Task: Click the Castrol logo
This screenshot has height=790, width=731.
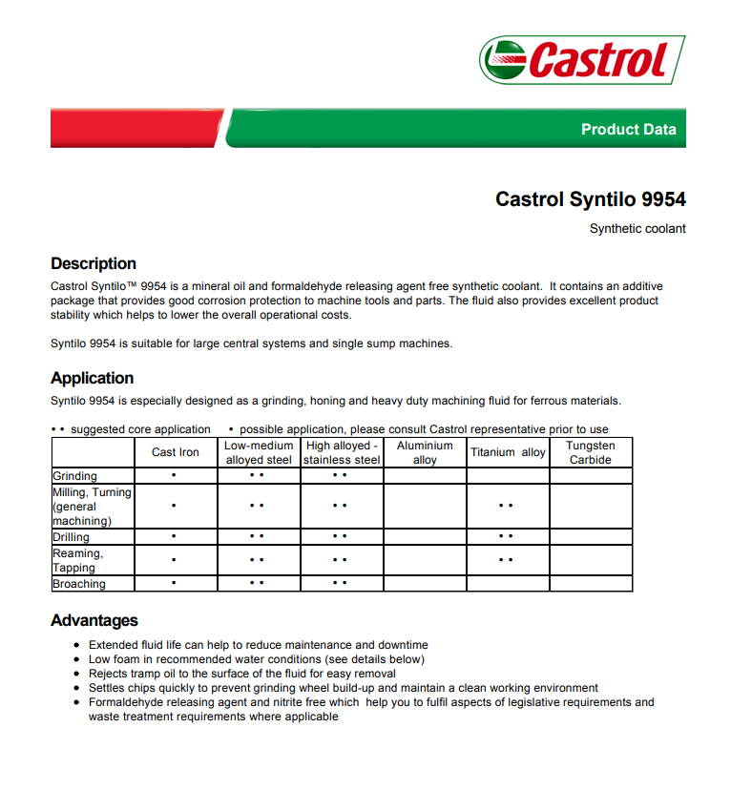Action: tap(581, 60)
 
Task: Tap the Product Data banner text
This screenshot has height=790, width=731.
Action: tap(628, 130)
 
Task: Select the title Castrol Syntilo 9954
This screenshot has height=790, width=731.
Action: tap(590, 199)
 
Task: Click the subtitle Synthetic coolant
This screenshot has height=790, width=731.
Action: tap(637, 229)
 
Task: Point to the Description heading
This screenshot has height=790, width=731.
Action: tap(94, 263)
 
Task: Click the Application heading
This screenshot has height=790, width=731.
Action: tap(93, 378)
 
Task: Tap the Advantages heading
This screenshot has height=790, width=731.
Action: tap(94, 621)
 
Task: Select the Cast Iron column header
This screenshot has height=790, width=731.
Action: tap(176, 452)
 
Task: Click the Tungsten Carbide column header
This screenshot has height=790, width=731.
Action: tap(591, 452)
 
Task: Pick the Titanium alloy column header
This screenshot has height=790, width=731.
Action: tap(508, 452)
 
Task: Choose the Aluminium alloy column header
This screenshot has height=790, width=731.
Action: tap(425, 452)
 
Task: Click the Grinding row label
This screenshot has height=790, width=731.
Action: tap(75, 475)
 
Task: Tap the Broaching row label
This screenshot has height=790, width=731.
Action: tap(79, 583)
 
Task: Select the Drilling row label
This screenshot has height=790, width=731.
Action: tap(72, 537)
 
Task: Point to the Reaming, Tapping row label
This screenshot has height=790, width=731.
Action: tap(77, 560)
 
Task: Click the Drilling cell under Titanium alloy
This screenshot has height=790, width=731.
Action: tap(507, 537)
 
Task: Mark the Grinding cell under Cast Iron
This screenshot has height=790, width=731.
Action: tap(174, 475)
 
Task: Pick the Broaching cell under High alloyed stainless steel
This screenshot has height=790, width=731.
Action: tap(341, 583)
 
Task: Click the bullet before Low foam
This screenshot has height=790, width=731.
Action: tap(76, 659)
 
